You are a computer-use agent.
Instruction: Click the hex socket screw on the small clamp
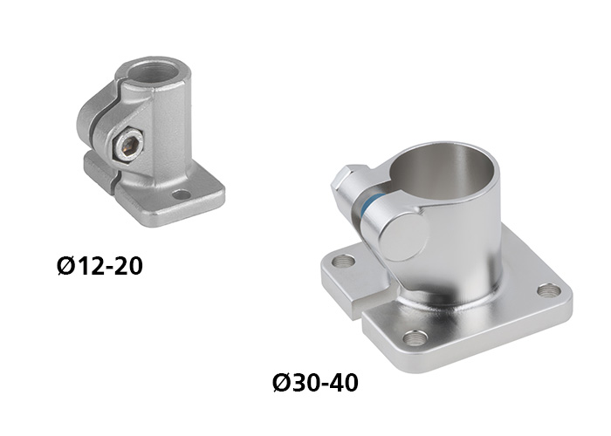click(127, 146)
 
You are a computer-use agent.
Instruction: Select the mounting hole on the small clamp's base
click(182, 194)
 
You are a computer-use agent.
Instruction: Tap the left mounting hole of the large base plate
click(345, 261)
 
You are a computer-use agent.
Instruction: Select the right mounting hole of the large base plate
click(549, 290)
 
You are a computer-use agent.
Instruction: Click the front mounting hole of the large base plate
click(415, 338)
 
